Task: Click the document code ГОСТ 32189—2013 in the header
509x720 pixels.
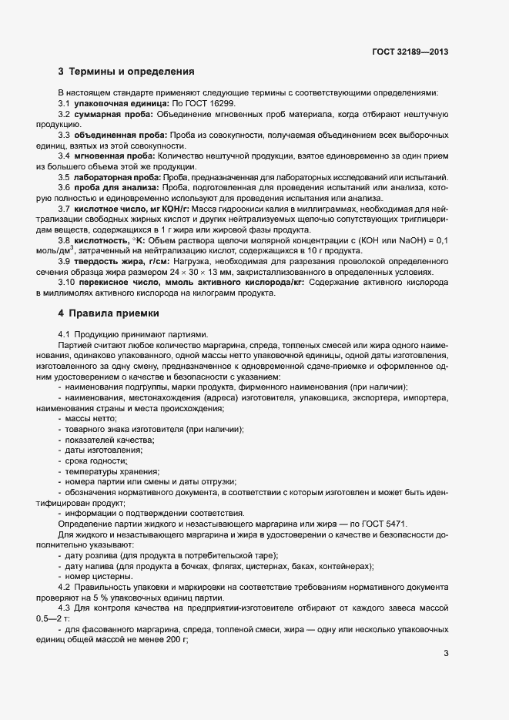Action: tap(410, 52)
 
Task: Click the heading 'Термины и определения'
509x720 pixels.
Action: tap(132, 72)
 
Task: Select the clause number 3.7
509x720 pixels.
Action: tap(65, 209)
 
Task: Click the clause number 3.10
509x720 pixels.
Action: tap(67, 283)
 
